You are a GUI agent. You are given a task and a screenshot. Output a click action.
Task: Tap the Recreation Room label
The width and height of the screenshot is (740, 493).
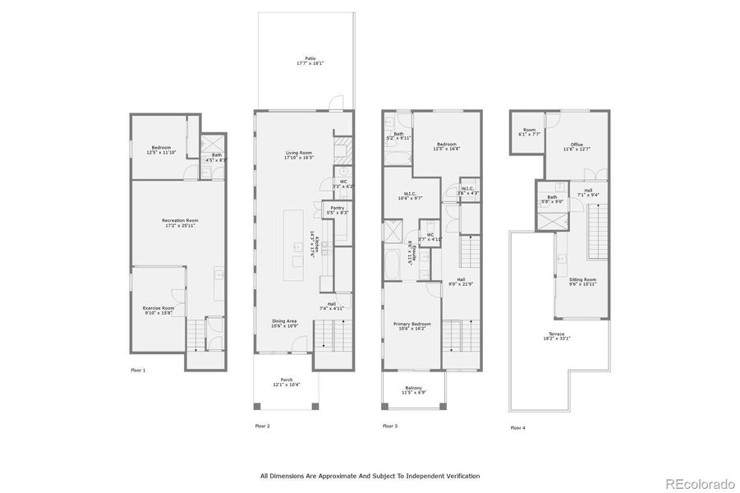click(180, 220)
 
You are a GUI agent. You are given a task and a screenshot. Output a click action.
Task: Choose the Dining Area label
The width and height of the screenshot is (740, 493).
click(285, 321)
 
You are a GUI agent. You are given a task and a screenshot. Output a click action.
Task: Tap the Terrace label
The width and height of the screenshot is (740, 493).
click(557, 334)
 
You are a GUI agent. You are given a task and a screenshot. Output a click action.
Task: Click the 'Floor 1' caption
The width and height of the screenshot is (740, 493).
click(138, 371)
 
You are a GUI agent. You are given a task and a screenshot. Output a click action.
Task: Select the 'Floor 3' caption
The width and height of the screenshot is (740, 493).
click(390, 426)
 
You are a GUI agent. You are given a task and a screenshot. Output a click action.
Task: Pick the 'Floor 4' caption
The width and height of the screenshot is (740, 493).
click(517, 427)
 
